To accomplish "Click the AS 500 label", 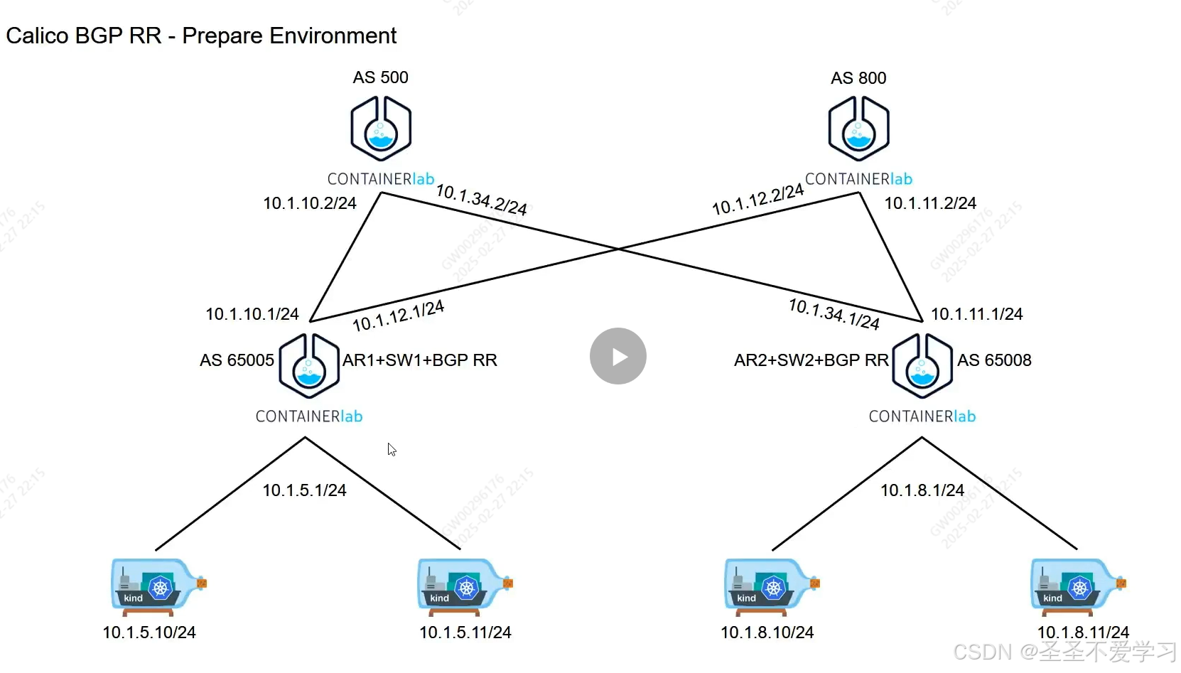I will tap(380, 77).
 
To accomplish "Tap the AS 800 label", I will tap(858, 78).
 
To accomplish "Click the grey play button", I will tap(618, 356).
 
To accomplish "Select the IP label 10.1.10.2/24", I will tap(310, 203).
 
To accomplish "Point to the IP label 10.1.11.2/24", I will tap(930, 203).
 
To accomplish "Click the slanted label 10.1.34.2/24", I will tap(481, 200).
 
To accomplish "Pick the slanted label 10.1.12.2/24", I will tap(757, 199).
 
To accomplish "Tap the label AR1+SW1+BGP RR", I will tap(420, 360).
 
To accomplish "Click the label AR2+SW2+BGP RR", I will tap(811, 360).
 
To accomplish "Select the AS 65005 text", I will tap(237, 360).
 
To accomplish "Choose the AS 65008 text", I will tap(994, 360).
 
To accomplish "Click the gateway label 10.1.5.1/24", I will tap(304, 490).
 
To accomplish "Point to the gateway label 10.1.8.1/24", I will tap(922, 490).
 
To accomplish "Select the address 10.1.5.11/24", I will tap(465, 632).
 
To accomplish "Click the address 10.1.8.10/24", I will tap(767, 632).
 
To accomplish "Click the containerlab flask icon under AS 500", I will tap(381, 129).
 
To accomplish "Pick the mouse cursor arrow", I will tap(392, 449).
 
